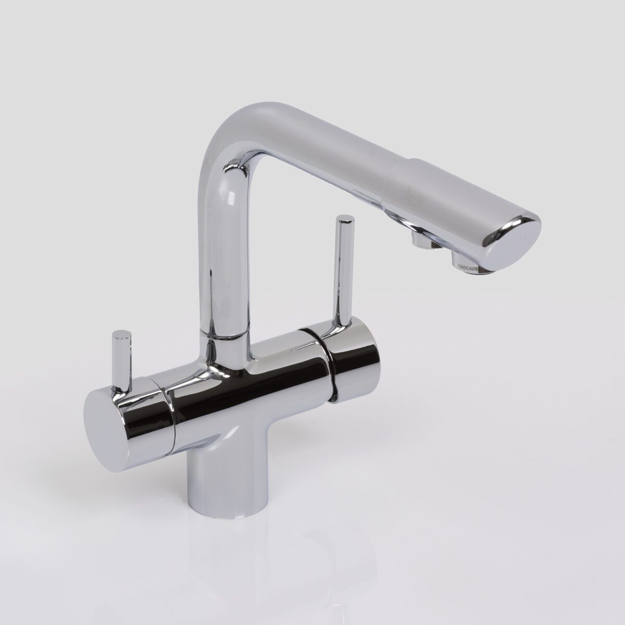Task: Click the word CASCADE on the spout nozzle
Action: (468, 266)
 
